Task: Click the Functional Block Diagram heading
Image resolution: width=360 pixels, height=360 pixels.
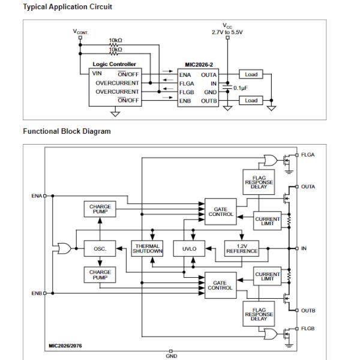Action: point(67,131)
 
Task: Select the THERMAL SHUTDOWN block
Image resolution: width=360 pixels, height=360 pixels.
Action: point(147,248)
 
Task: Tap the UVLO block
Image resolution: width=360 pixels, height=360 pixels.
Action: point(189,248)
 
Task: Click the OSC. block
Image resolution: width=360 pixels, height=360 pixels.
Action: point(100,248)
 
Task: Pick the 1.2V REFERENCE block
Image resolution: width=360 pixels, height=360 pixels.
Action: point(241,248)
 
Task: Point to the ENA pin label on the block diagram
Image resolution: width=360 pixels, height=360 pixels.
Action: point(37,196)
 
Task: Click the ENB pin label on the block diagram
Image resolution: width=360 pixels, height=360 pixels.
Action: point(37,293)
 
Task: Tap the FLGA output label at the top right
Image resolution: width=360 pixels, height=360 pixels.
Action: point(308,155)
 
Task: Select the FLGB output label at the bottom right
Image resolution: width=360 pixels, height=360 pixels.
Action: point(308,329)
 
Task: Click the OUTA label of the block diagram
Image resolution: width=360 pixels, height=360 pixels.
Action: point(308,187)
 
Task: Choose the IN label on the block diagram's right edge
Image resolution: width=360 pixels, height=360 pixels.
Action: point(304,248)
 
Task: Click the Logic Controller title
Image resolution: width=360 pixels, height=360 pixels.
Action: point(115,64)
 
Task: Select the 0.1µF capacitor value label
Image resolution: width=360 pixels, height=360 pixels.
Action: point(241,88)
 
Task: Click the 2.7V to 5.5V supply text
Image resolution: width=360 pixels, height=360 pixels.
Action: point(227,32)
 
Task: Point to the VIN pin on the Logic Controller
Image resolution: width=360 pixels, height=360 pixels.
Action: point(97,74)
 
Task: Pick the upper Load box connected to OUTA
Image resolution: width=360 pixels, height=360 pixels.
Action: point(251,74)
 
